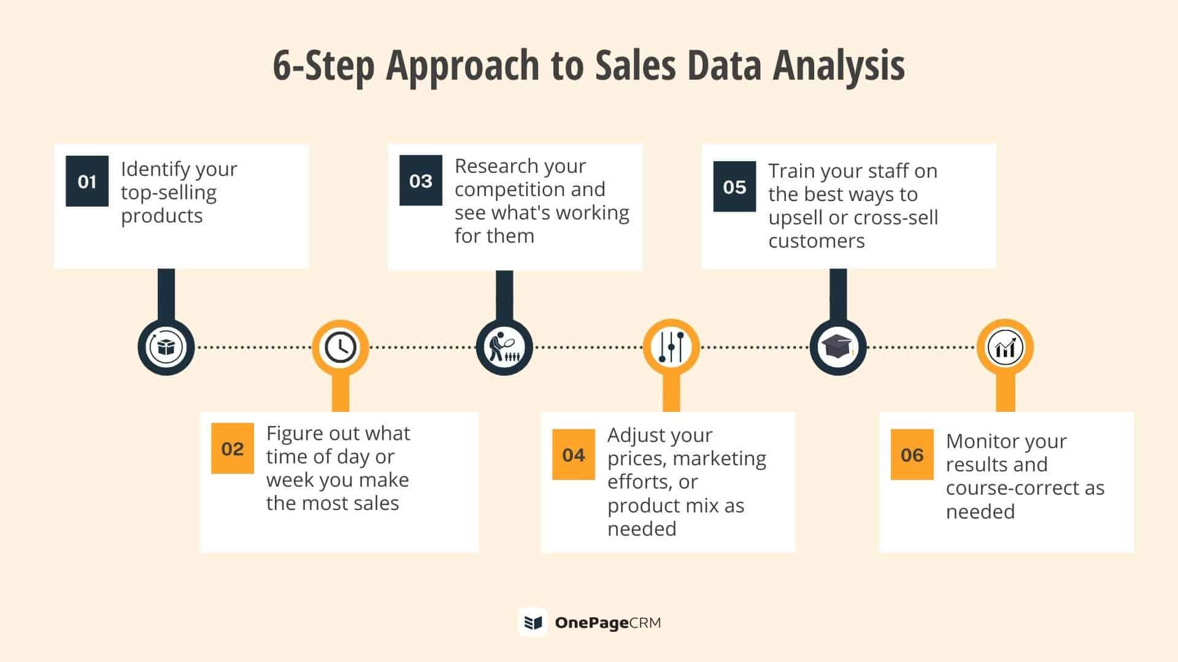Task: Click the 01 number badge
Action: (x=87, y=181)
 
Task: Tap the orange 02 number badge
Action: (x=233, y=448)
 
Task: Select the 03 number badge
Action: (x=421, y=180)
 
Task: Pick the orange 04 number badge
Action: (x=574, y=454)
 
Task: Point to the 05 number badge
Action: (x=734, y=186)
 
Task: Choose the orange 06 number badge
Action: (x=912, y=454)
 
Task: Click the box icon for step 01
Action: (x=166, y=348)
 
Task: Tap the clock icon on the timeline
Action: (x=341, y=348)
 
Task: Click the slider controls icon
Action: (x=671, y=348)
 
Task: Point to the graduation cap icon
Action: (x=838, y=348)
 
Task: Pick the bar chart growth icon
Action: (x=1005, y=348)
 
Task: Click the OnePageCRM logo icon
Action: (x=533, y=623)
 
